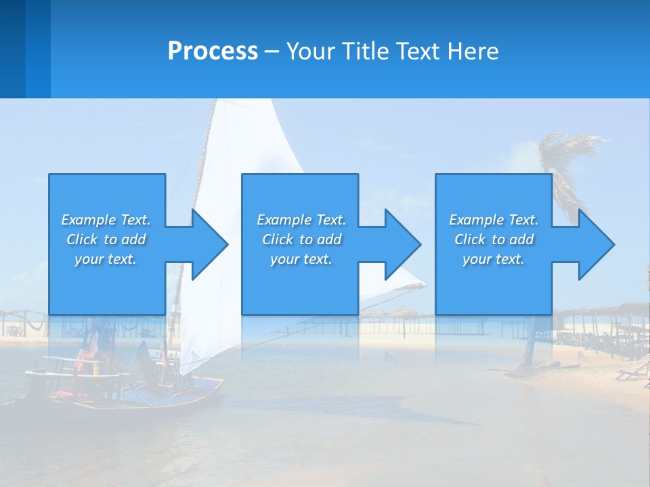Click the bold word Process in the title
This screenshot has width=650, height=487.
click(x=213, y=51)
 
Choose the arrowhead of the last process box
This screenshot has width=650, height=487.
click(x=595, y=244)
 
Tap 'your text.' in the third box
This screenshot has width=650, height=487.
click(x=493, y=259)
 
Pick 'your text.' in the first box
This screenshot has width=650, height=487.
click(x=106, y=259)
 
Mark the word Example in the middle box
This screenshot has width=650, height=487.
click(x=284, y=220)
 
